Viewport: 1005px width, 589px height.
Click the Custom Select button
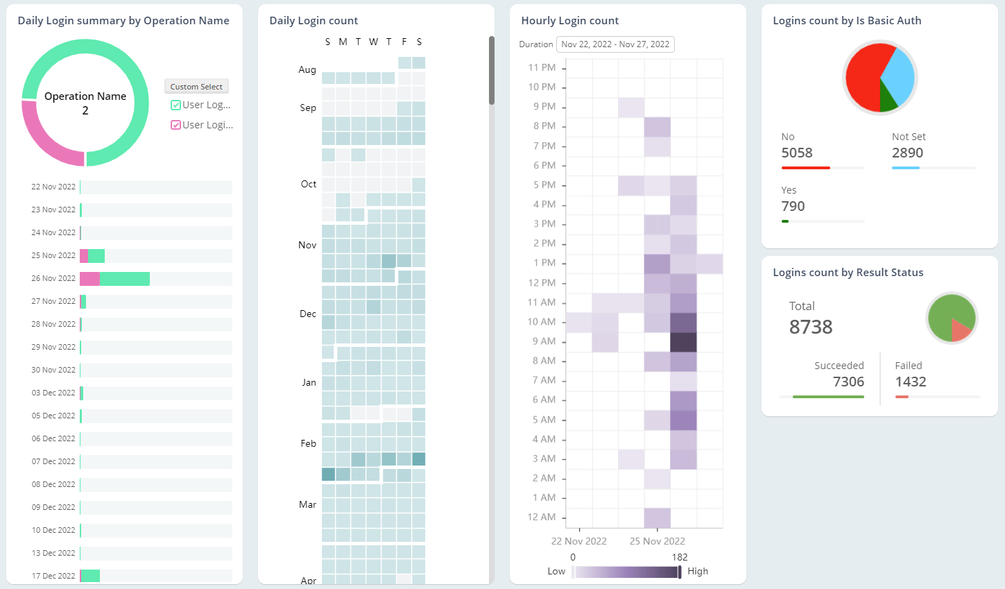coord(196,87)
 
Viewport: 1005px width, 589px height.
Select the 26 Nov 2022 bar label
coord(53,278)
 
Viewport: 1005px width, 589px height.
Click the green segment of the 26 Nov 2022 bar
coord(125,279)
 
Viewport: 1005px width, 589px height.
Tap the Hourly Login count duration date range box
coord(615,44)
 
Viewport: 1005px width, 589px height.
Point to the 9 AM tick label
coord(544,341)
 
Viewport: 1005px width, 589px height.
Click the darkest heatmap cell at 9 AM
coord(683,342)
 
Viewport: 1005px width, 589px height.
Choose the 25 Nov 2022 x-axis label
coord(657,541)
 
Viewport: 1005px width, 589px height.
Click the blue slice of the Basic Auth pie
coord(899,75)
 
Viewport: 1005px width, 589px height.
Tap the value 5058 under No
coord(797,153)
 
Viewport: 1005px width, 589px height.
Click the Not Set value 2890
coord(907,153)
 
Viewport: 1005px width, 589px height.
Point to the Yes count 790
coord(793,206)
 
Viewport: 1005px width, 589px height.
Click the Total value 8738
coord(811,327)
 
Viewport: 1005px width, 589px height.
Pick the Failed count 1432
coord(911,382)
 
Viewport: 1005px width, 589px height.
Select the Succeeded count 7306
coord(848,382)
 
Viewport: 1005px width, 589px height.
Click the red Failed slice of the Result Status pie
coord(960,330)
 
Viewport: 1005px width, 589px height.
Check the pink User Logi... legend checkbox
coord(176,126)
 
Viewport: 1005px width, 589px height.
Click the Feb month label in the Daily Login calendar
coord(309,443)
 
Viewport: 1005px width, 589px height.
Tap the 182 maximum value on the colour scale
coord(680,557)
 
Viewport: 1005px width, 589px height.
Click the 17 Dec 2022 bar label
coord(53,576)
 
